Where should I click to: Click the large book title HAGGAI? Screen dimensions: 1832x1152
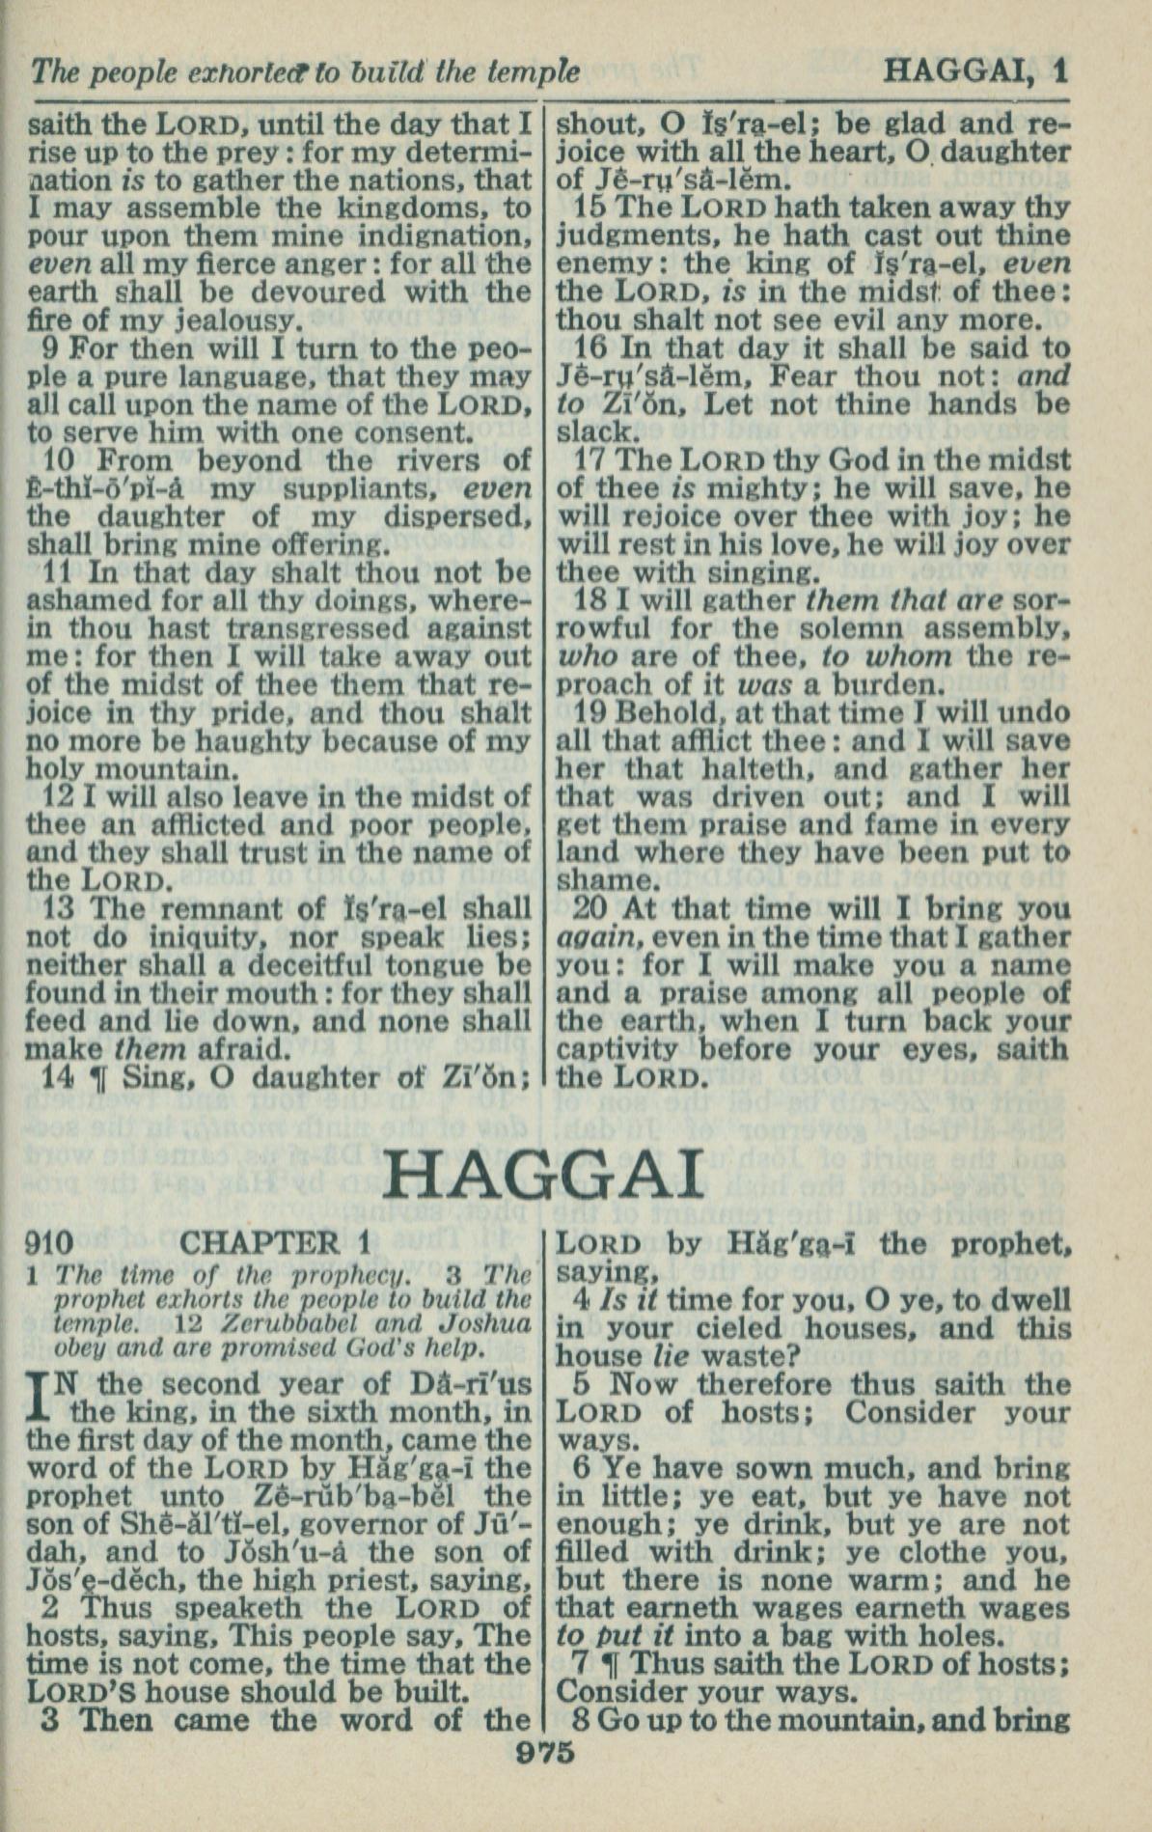543,1176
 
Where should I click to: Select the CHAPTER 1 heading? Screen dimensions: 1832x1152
275,1242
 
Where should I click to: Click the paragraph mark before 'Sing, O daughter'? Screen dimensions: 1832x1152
95,1078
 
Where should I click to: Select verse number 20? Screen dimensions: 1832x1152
591,909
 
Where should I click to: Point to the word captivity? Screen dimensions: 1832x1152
618,1049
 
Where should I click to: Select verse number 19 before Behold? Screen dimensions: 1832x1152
590,713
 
